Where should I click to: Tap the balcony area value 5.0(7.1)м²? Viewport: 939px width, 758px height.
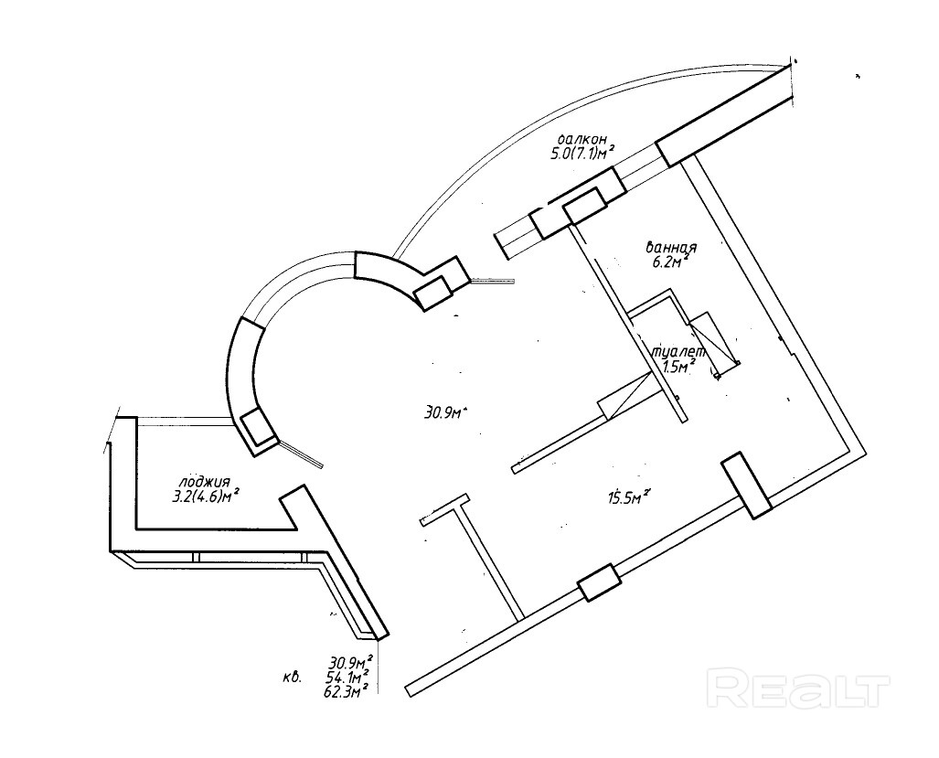click(581, 154)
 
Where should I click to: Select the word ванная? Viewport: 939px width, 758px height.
click(672, 248)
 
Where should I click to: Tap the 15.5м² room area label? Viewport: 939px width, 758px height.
click(628, 497)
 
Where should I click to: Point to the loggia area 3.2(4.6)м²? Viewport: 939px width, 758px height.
click(212, 496)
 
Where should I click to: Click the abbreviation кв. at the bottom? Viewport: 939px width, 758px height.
click(295, 678)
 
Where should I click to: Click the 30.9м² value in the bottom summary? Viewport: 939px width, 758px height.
click(348, 662)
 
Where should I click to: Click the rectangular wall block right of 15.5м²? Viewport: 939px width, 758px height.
click(747, 486)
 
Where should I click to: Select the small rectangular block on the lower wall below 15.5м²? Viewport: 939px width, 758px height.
click(600, 582)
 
